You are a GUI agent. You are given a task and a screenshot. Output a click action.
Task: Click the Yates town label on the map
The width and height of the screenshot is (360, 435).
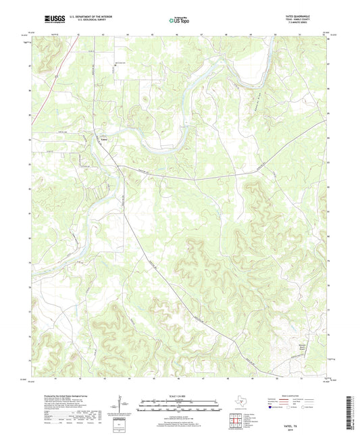[x=104, y=140]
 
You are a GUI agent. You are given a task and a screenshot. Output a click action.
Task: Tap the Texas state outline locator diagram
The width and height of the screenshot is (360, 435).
[x=240, y=403]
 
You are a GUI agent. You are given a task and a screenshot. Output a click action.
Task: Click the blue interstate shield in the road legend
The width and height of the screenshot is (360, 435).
[x=271, y=407]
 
